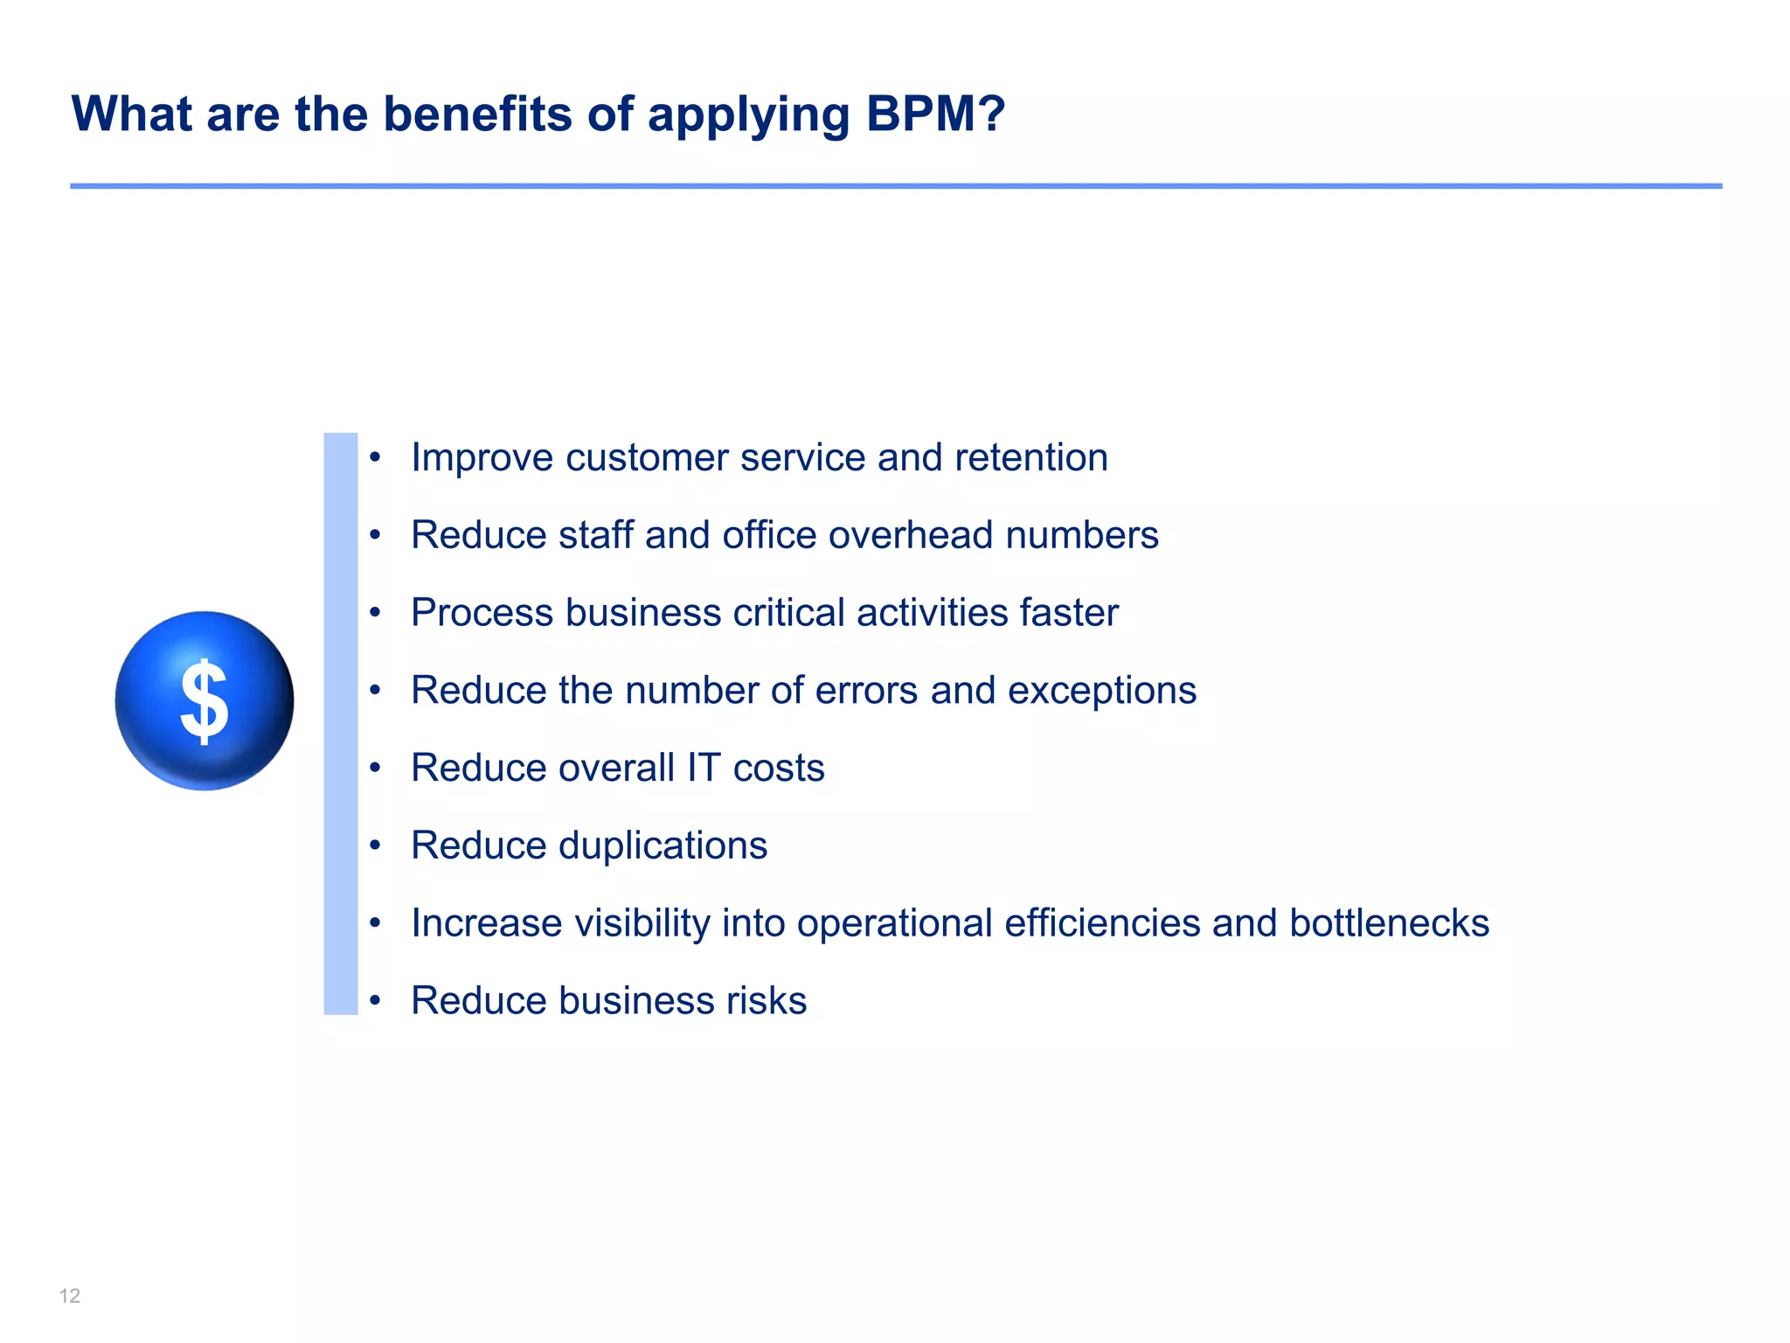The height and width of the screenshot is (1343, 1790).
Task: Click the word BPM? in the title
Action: [935, 114]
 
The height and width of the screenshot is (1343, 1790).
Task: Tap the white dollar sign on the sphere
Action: [205, 700]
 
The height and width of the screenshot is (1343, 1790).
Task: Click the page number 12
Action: [70, 1296]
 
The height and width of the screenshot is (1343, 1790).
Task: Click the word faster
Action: [1070, 613]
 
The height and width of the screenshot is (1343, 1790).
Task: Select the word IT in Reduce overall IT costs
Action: [703, 768]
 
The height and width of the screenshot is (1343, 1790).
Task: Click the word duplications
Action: [663, 845]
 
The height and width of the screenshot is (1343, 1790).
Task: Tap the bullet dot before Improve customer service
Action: [375, 458]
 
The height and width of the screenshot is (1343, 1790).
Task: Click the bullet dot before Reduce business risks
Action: [375, 1001]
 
